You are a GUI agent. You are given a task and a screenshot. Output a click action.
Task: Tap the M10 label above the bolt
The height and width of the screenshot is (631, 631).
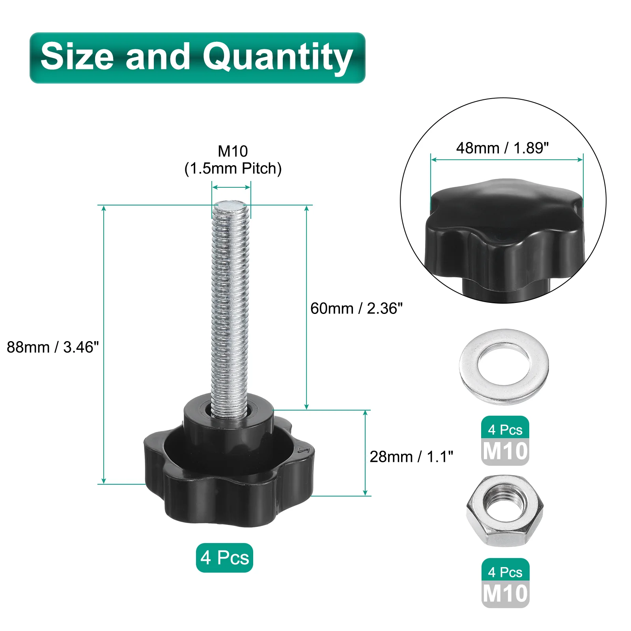[233, 151]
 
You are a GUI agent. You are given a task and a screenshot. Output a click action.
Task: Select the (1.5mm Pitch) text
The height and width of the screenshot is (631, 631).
[233, 168]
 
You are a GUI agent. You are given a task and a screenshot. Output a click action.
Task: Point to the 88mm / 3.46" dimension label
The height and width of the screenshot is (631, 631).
[53, 347]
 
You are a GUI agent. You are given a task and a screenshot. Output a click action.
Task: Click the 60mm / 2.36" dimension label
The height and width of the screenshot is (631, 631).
[357, 308]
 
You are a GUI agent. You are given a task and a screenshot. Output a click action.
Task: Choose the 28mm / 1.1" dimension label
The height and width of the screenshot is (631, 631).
[411, 456]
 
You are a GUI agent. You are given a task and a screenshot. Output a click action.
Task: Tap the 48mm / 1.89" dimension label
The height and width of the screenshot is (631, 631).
[502, 148]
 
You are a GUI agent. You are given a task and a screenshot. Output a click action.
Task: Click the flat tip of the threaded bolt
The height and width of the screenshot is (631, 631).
[230, 205]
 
